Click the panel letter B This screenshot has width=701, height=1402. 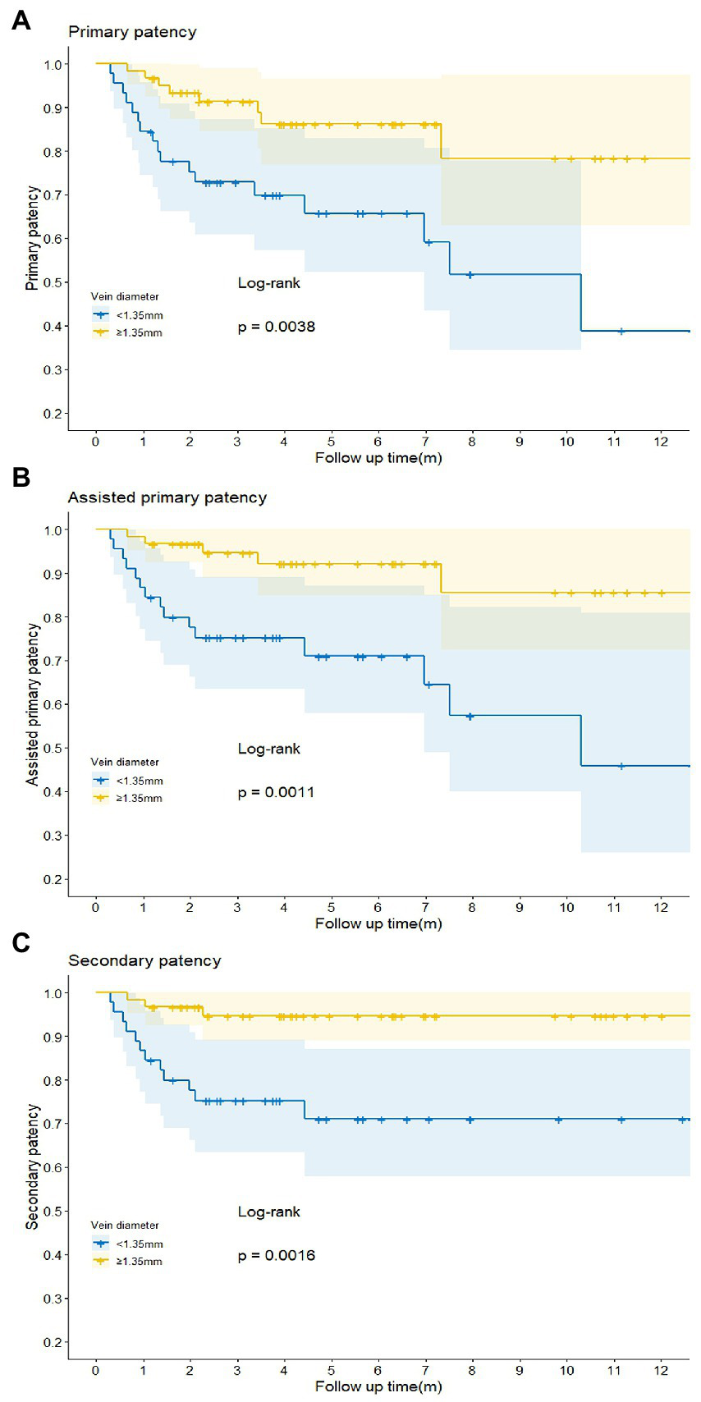click(21, 477)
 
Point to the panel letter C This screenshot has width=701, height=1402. click(21, 943)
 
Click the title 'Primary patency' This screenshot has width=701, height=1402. click(132, 32)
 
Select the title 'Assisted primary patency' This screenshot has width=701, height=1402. click(167, 497)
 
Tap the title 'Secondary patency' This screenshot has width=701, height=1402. click(144, 960)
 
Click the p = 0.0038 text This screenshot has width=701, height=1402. click(276, 327)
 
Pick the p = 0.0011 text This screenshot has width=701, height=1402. click(276, 792)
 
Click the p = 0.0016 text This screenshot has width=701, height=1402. click(276, 1255)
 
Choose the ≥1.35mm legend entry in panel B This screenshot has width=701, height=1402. click(139, 798)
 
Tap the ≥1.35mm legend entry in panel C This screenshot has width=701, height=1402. click(139, 1261)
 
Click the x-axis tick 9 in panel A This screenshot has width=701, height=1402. click(520, 442)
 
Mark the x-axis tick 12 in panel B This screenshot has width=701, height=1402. click(661, 907)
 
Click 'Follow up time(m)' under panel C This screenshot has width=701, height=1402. click(378, 1386)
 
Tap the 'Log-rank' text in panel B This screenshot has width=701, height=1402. click(269, 749)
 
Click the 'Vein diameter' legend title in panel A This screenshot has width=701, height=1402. click(125, 296)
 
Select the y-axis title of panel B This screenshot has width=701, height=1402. click(33, 704)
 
